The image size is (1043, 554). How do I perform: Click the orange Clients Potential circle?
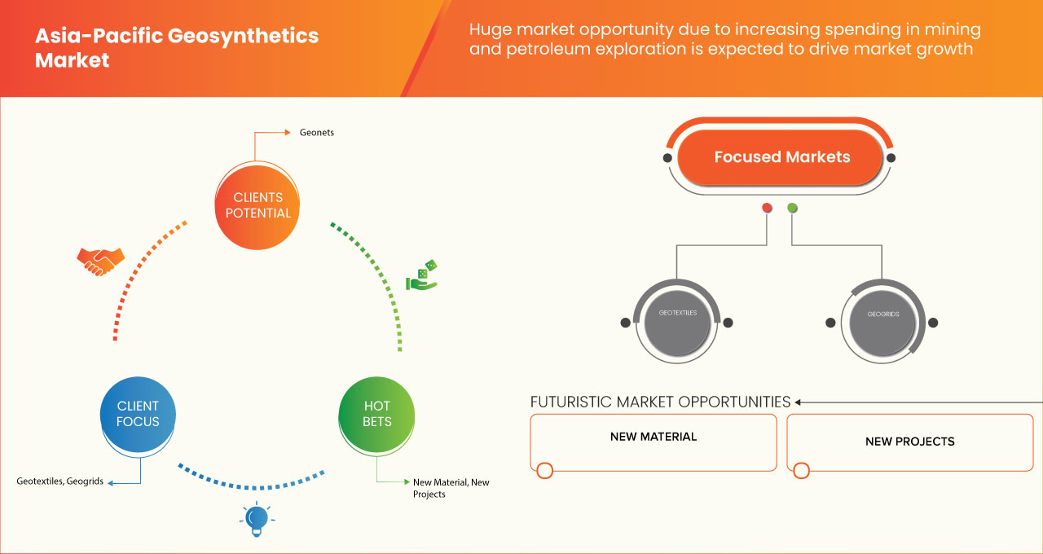[x=257, y=205]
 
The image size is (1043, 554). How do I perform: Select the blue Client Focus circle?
[x=138, y=414]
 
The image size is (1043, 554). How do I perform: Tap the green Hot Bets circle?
[x=376, y=414]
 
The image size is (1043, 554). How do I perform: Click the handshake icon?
[x=100, y=261]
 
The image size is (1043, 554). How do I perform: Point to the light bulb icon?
[x=257, y=519]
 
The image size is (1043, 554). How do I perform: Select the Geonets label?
[x=316, y=132]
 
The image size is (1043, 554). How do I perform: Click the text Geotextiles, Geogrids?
[x=59, y=481]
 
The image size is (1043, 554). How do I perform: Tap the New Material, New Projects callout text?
[x=451, y=488]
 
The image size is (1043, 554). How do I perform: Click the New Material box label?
[x=653, y=437]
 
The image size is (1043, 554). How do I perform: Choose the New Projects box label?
[x=909, y=442]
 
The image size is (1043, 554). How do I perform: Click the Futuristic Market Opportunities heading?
[x=660, y=402]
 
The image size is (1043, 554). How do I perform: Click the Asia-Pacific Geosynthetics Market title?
[x=176, y=48]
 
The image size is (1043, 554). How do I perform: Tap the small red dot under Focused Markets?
[x=767, y=209]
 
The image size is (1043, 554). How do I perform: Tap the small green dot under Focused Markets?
[x=792, y=209]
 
